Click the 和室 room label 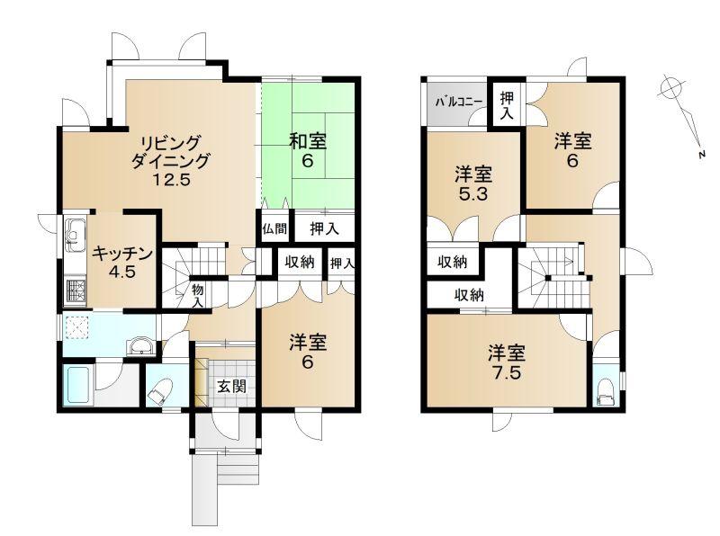click(x=308, y=142)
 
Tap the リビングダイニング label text click(x=170, y=152)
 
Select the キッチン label click(x=122, y=254)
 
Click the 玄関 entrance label click(x=232, y=387)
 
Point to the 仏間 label click(x=274, y=228)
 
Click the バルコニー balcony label click(x=459, y=102)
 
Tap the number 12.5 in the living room click(x=171, y=180)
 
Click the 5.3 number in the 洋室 click(x=473, y=194)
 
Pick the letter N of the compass click(x=702, y=155)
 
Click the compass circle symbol click(x=670, y=87)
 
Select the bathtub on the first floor click(x=77, y=385)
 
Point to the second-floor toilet click(x=605, y=391)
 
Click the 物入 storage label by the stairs click(x=198, y=296)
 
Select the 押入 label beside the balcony click(x=507, y=105)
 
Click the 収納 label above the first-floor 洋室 click(x=300, y=262)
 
